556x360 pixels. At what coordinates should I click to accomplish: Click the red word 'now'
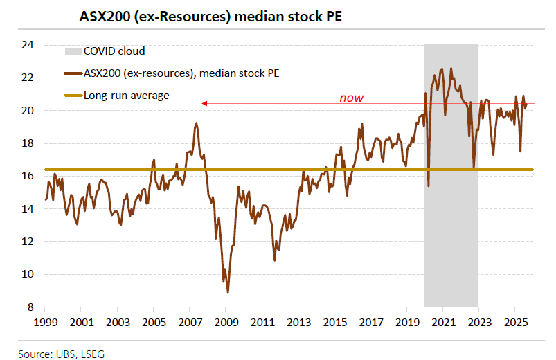tap(351, 98)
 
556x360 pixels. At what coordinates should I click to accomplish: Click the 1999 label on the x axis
tap(46, 323)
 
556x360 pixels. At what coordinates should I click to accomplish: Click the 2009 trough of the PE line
tap(228, 292)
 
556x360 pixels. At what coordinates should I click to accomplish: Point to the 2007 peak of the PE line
tap(196, 123)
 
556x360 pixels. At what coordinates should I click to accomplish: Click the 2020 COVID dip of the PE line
tap(429, 186)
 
